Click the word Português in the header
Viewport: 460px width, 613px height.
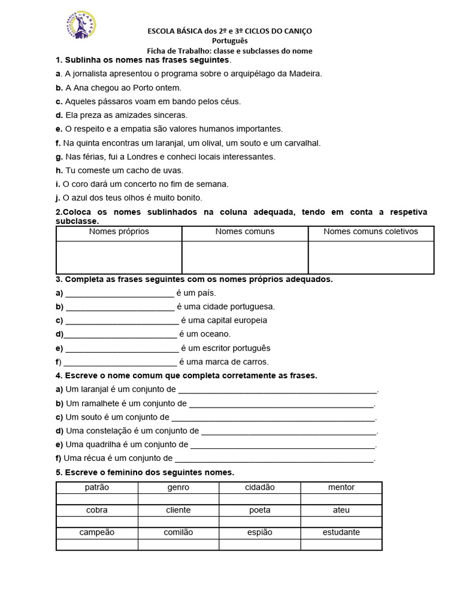(229, 41)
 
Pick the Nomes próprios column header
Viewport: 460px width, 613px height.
(119, 232)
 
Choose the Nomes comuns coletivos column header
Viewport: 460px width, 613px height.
(371, 232)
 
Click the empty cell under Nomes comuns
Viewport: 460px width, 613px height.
(245, 257)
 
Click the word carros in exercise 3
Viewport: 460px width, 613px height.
(255, 362)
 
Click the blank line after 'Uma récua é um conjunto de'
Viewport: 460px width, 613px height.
(274, 460)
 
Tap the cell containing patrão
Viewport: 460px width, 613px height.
(97, 487)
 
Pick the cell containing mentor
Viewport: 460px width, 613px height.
(341, 487)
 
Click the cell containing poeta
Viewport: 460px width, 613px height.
(260, 510)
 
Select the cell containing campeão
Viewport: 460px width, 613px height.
(97, 532)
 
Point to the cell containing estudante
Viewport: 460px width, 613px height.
(341, 532)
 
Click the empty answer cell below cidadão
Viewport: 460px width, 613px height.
(260, 499)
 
